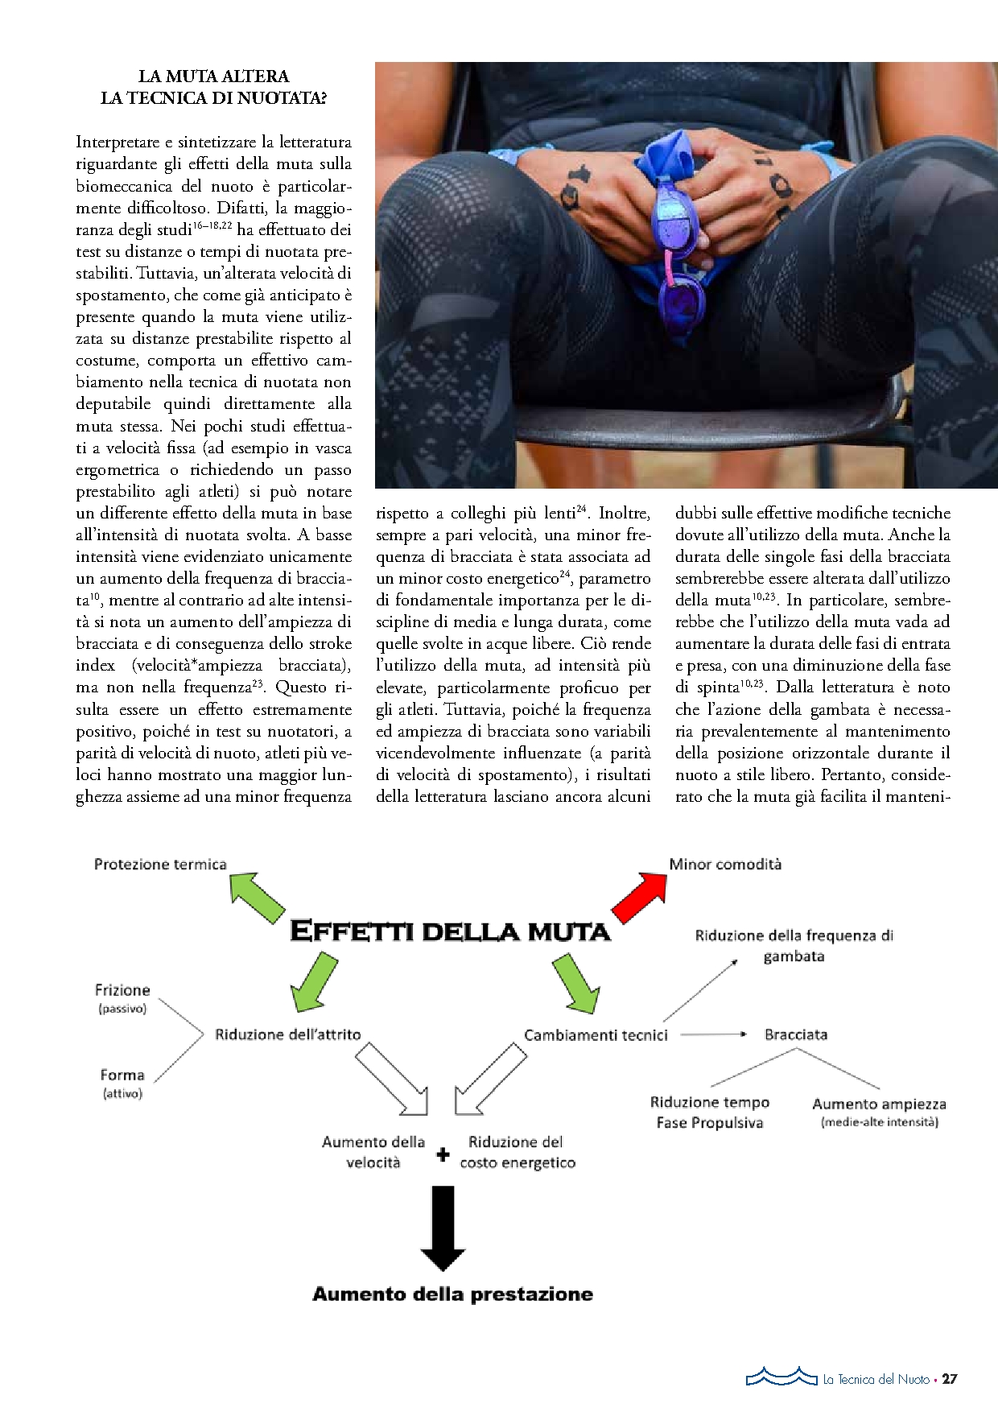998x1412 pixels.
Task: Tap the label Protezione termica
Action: [160, 865]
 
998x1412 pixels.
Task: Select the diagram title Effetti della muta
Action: [450, 931]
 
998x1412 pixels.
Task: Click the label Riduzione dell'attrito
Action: [287, 1034]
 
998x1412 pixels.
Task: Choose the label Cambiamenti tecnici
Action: [596, 1035]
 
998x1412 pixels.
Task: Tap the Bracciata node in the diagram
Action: [795, 1034]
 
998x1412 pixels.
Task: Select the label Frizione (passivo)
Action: [122, 997]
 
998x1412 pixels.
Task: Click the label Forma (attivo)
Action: [122, 1083]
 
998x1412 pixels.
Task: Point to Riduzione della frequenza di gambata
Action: [794, 946]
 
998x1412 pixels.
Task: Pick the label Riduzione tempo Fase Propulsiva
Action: [710, 1113]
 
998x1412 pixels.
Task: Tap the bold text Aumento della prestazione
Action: [452, 1294]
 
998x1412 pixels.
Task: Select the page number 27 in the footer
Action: [950, 1379]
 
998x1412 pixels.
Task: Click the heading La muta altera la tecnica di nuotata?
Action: [213, 87]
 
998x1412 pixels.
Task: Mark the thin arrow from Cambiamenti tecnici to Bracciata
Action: [713, 1034]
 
